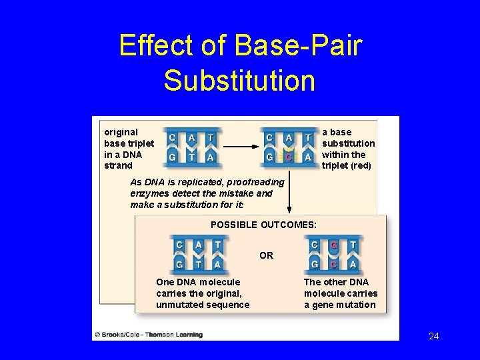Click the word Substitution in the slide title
239,79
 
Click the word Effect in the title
155,46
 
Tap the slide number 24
434,336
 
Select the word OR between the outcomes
266,255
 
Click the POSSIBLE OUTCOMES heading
263,225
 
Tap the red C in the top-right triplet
289,157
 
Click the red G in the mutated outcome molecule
334,245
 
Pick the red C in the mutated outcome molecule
334,265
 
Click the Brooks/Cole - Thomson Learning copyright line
148,334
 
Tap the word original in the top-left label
121,132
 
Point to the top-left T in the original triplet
211,137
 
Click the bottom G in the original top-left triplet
173,157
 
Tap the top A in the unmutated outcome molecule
199,245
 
